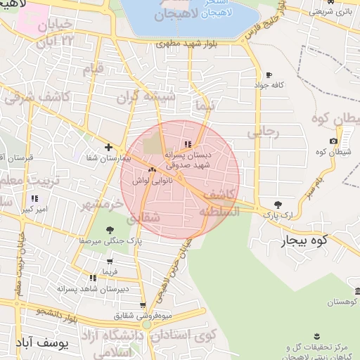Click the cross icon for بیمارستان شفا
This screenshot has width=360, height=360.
pyautogui.click(x=108, y=147)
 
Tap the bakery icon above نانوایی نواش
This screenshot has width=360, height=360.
pyautogui.click(x=151, y=170)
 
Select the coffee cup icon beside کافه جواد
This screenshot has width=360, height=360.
pyautogui.click(x=269, y=75)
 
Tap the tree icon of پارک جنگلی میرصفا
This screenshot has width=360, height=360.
pyautogui.click(x=108, y=230)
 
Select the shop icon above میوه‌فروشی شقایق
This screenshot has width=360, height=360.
pyautogui.click(x=143, y=305)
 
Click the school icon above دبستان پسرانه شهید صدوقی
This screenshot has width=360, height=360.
pyautogui.click(x=187, y=144)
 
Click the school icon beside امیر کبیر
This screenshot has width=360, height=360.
pyautogui.click(x=34, y=199)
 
